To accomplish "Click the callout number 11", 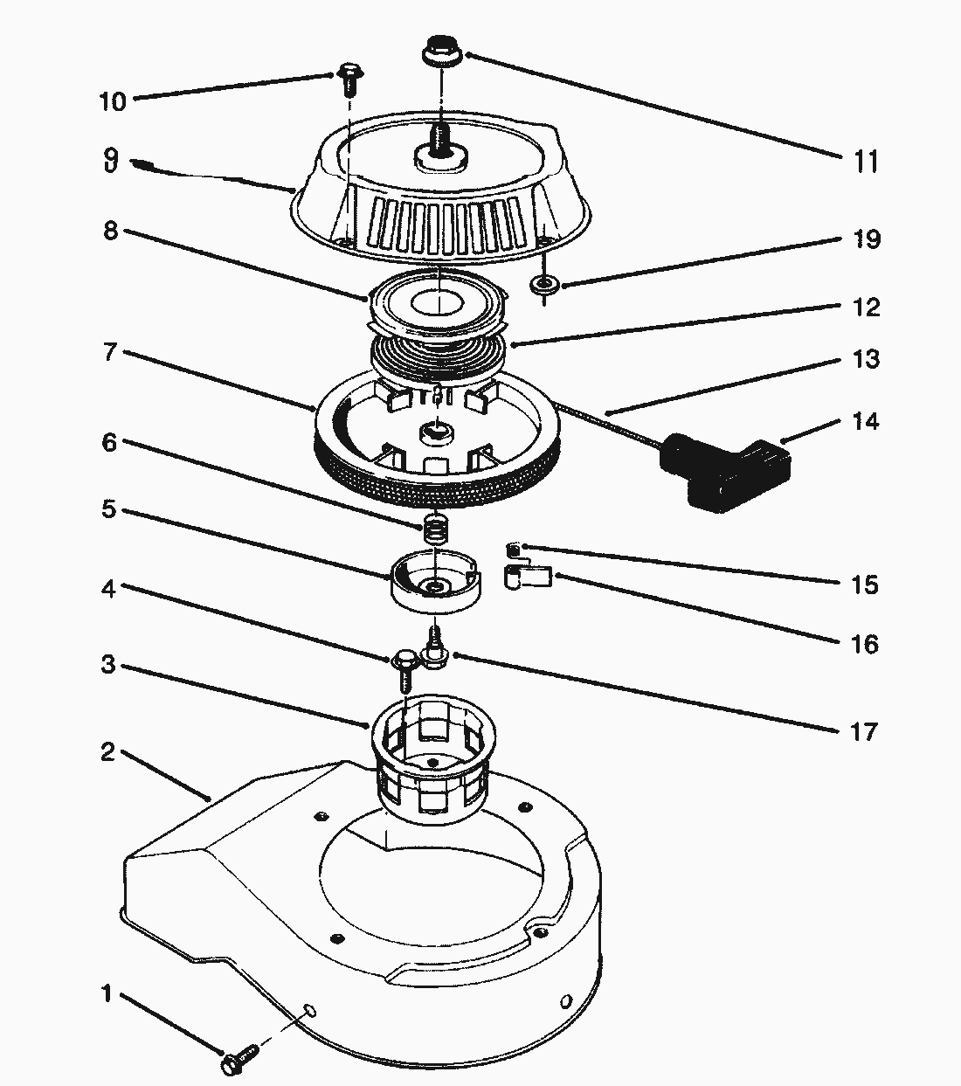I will (x=865, y=162).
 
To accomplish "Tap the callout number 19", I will (x=866, y=239).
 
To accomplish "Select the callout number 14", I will (x=865, y=422).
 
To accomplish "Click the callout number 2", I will (x=107, y=751).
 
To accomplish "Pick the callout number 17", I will (x=864, y=730).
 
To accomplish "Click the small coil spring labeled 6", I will (x=435, y=529).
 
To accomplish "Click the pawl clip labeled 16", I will (x=529, y=578).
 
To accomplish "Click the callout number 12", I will (x=865, y=308).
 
